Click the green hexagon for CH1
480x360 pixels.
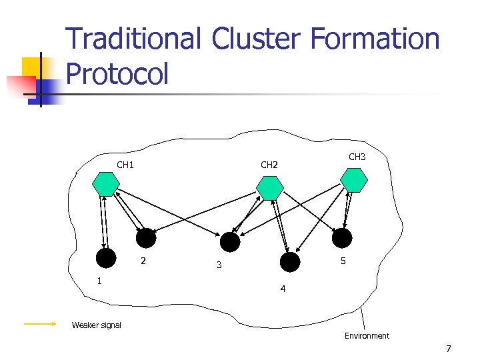point(106,183)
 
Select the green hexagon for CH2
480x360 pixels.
point(270,188)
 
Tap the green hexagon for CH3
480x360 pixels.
point(354,180)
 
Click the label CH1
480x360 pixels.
point(125,165)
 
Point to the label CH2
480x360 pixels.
point(269,165)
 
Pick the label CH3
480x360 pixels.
point(357,157)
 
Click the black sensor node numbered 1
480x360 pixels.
point(105,258)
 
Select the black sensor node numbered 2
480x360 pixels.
point(146,238)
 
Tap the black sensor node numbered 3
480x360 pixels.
point(230,242)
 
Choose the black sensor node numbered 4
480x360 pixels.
point(290,262)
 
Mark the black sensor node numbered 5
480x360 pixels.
point(342,238)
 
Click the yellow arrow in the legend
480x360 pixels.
point(40,325)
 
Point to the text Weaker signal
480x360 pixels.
point(97,325)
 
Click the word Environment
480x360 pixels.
point(367,336)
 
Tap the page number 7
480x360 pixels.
point(449,349)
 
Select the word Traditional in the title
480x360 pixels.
point(134,39)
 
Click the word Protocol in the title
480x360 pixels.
point(118,73)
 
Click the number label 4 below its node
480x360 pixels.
point(283,289)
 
